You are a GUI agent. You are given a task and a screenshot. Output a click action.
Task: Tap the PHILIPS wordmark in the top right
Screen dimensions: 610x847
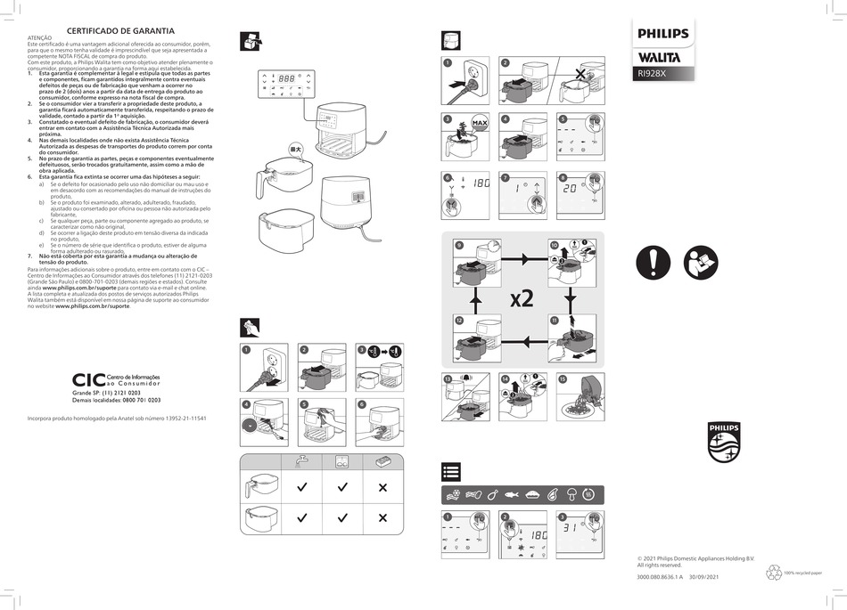point(662,34)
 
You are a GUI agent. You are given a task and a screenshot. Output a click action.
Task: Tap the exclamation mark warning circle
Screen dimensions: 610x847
point(654,263)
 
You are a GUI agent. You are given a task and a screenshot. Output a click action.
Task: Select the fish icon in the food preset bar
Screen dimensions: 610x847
point(512,493)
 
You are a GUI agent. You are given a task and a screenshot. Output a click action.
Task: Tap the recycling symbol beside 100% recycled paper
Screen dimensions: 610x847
point(773,573)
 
